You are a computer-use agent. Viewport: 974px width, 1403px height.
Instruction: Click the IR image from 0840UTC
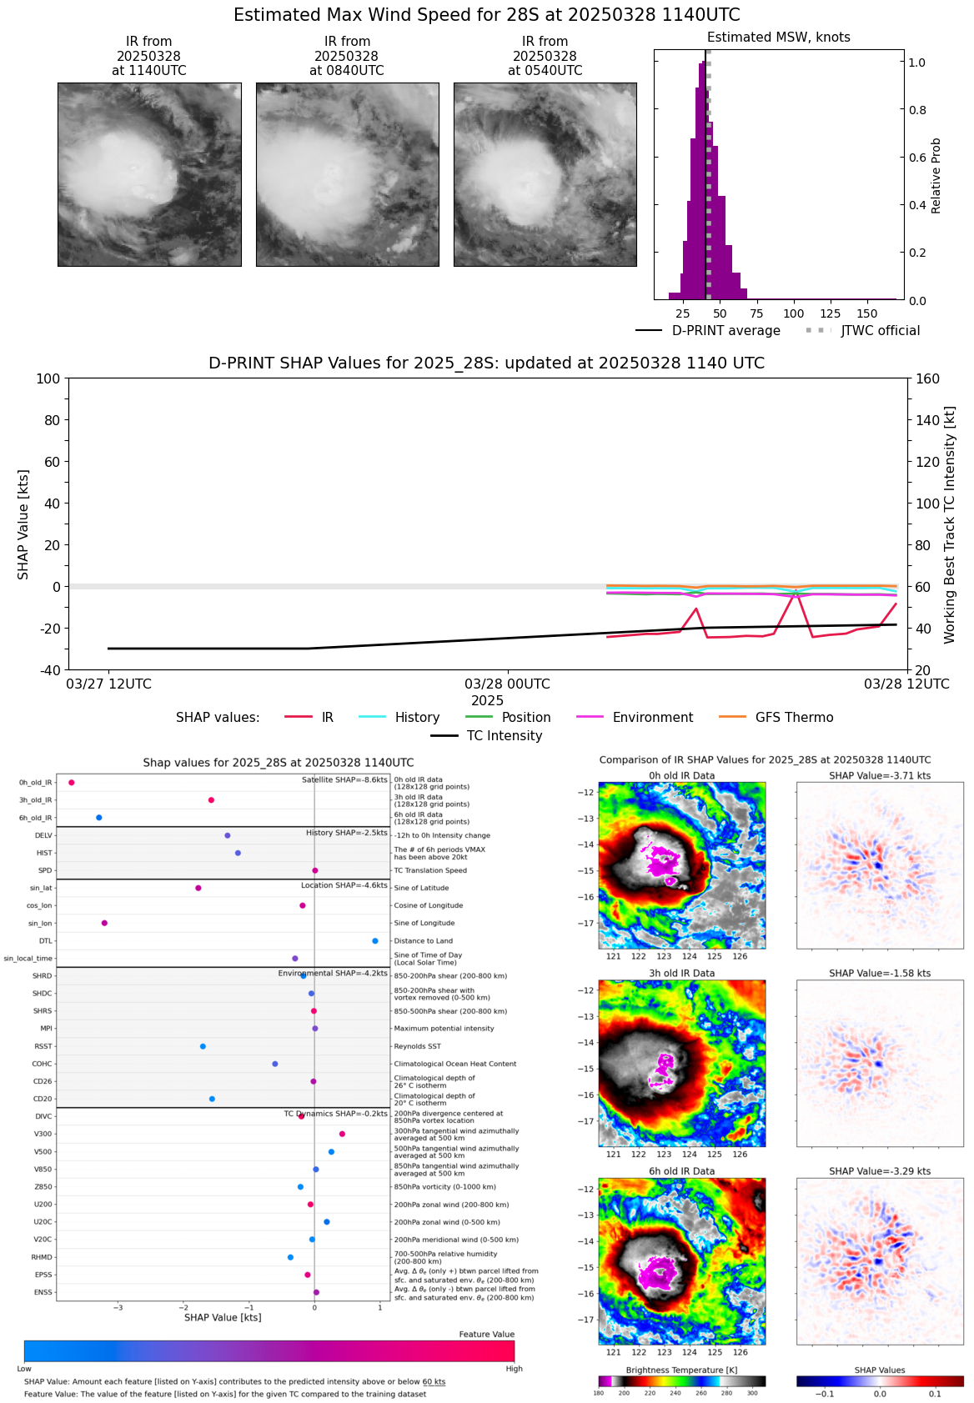(x=347, y=174)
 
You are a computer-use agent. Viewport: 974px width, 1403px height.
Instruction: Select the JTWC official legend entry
(x=880, y=331)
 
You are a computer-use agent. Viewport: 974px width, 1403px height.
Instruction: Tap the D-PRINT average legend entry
(x=725, y=331)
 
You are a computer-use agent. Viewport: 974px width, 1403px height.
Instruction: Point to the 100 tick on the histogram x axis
(x=794, y=313)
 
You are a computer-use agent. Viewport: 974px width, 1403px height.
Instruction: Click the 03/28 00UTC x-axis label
(x=507, y=684)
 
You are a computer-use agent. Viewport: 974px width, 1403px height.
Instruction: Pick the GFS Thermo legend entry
(x=794, y=718)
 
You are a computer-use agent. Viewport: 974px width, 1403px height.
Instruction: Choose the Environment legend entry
(x=652, y=718)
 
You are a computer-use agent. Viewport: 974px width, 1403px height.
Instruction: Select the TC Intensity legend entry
(x=504, y=736)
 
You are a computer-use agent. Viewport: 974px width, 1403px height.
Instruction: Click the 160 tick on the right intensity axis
(x=928, y=379)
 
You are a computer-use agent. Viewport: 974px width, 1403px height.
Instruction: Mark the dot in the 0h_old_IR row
(x=72, y=783)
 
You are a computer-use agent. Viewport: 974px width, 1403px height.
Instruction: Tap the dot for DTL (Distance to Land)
(x=375, y=941)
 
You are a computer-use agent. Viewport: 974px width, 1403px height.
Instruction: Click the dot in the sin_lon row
(x=104, y=923)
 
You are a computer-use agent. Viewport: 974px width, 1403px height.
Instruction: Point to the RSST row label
(x=43, y=1046)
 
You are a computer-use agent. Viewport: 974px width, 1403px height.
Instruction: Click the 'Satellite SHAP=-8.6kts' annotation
(x=344, y=780)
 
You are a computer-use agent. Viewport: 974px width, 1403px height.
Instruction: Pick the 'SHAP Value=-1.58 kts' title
(x=880, y=974)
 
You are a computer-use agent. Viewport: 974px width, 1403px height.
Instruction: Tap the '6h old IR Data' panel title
(x=681, y=1171)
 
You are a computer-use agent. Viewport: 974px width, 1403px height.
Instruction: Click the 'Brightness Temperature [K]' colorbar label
(x=681, y=1370)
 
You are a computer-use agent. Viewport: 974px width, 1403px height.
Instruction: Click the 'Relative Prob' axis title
(x=936, y=176)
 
